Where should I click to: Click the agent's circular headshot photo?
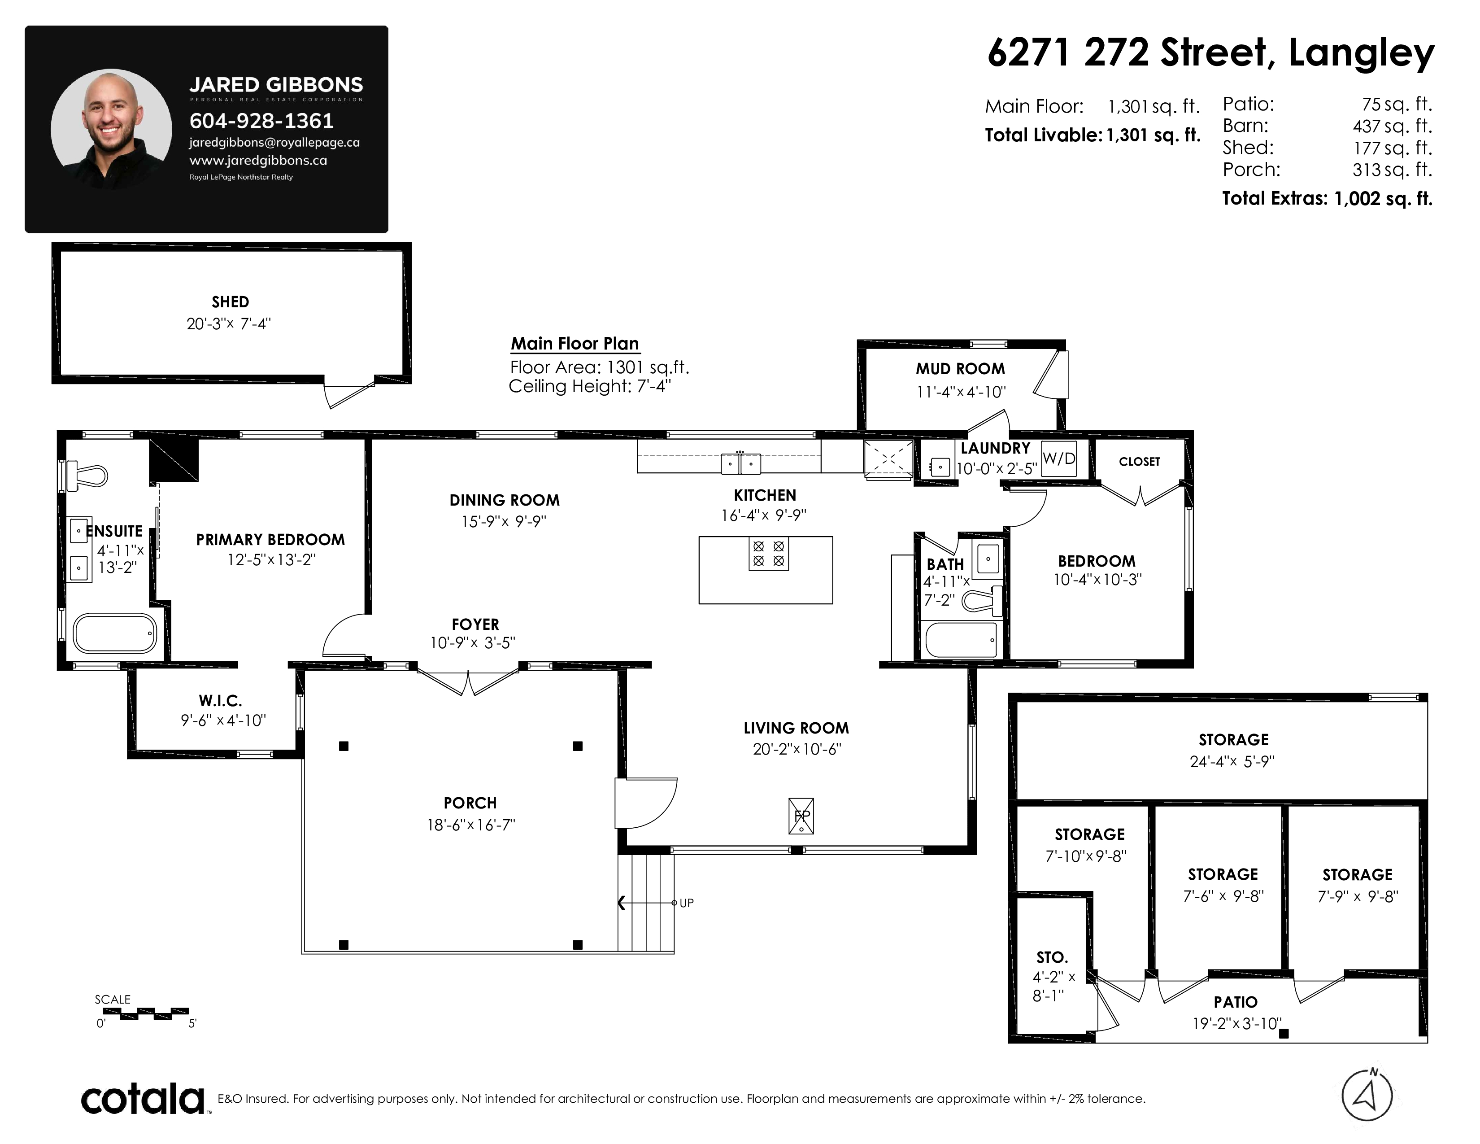point(111,128)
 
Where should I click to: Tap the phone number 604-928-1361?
point(261,121)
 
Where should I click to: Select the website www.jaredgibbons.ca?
point(258,161)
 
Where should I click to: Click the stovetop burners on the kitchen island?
point(768,553)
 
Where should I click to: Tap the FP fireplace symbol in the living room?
point(801,816)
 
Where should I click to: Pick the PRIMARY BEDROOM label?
point(270,539)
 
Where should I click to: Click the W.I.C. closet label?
point(220,701)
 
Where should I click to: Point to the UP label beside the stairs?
point(687,903)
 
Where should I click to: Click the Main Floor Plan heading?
point(575,344)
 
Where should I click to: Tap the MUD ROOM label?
point(960,369)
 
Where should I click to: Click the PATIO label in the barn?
point(1236,1002)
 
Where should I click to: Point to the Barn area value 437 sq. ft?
point(1393,126)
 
